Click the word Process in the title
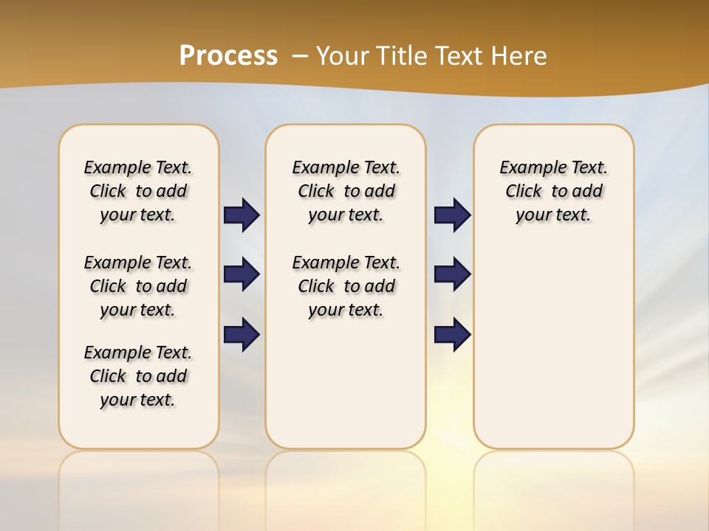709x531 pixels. [228, 56]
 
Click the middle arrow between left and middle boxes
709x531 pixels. [242, 274]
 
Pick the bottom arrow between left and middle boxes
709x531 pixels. [242, 334]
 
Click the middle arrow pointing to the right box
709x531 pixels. [452, 274]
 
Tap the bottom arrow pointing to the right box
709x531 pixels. [452, 334]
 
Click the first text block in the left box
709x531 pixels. [138, 191]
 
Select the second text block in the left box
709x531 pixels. [138, 286]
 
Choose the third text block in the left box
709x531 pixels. [138, 376]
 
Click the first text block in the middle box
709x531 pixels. [346, 191]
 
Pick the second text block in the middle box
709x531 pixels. [346, 286]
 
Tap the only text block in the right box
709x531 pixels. [554, 191]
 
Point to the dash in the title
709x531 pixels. [300, 56]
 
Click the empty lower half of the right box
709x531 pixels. [554, 354]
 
